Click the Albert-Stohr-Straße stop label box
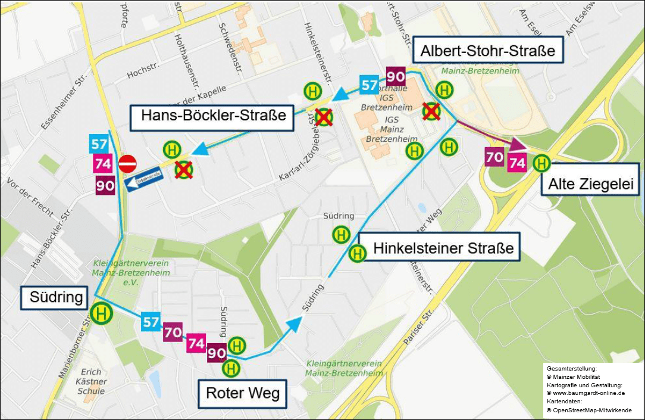pos(488,51)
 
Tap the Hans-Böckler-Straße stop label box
pos(213,116)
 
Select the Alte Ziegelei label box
pos(591,184)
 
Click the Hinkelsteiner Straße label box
pos(443,247)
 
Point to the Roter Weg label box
pos(242,394)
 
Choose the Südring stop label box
pos(57,297)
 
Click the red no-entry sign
pos(127,163)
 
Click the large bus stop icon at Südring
pos(102,313)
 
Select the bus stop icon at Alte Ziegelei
pos(541,162)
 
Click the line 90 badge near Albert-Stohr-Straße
pos(396,76)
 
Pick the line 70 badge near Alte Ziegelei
pos(494,158)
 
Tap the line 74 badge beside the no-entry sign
pos(103,164)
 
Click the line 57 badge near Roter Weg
pos(151,323)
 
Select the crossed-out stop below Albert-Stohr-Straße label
pos(431,111)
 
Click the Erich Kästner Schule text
pos(91,381)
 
